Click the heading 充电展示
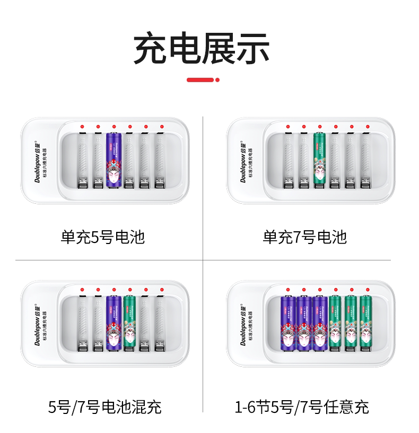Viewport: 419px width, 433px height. [202, 49]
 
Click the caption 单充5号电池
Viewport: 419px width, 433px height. [102, 236]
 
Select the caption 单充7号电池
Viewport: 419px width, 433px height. [305, 236]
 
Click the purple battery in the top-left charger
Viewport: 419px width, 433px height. [114, 160]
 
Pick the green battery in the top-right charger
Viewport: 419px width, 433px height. [319, 160]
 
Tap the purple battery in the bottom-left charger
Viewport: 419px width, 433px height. [114, 324]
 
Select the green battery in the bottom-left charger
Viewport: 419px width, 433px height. [129, 324]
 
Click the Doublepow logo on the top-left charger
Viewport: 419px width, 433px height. [39, 161]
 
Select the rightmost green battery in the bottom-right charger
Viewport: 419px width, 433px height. [365, 324]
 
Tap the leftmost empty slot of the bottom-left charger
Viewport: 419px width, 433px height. [82, 324]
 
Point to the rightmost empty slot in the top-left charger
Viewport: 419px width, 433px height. [160, 160]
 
